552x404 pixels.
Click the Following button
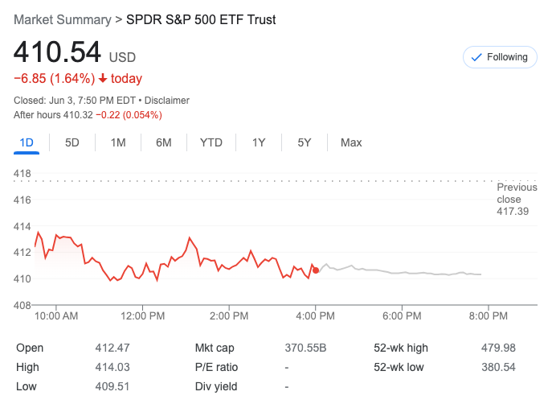[500, 57]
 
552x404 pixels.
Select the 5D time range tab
[72, 142]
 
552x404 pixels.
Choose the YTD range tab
[211, 142]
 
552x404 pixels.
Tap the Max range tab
[351, 142]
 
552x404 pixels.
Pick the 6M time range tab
[164, 142]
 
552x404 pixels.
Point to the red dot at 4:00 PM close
[316, 270]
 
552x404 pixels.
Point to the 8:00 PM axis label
[489, 316]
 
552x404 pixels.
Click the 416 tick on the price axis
[22, 200]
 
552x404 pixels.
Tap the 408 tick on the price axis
[22, 305]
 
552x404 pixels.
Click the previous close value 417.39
[513, 212]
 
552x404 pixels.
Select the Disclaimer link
[166, 101]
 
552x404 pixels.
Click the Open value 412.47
[112, 348]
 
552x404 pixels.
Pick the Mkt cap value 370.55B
[305, 348]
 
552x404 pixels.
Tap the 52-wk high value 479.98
[498, 348]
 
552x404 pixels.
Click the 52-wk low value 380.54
[498, 367]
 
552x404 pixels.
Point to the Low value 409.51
[112, 386]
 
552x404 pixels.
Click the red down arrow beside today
[103, 79]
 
